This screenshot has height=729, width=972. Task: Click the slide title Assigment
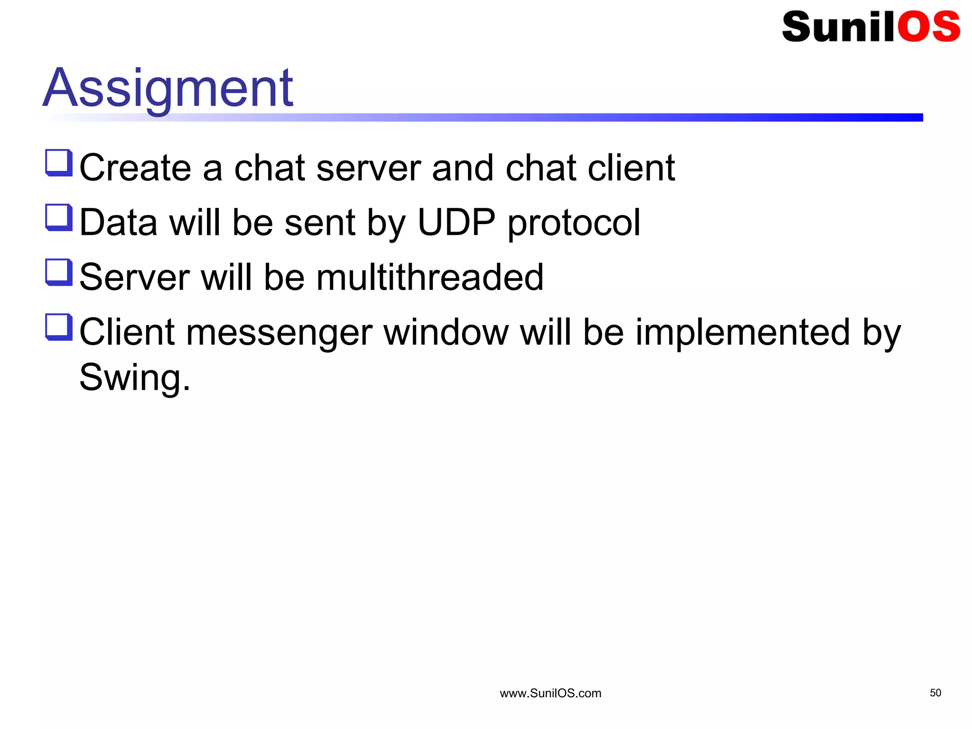[x=168, y=88]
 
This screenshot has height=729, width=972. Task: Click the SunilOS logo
[x=870, y=27]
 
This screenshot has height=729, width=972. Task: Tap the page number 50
[x=935, y=693]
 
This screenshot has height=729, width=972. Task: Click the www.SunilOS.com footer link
[x=551, y=693]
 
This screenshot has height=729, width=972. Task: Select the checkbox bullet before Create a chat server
[x=59, y=163]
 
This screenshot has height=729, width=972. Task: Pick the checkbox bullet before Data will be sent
[x=59, y=217]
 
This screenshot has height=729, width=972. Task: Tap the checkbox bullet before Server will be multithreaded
[x=59, y=272]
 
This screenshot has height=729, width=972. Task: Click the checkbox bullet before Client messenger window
[x=59, y=327]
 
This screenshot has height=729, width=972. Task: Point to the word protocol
[x=574, y=223]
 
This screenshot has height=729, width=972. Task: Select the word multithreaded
[x=430, y=277]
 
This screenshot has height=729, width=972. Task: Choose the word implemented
[x=742, y=332]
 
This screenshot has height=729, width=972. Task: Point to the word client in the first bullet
[x=631, y=168]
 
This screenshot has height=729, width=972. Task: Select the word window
[x=446, y=332]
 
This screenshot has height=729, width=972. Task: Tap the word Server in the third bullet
[x=134, y=277]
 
